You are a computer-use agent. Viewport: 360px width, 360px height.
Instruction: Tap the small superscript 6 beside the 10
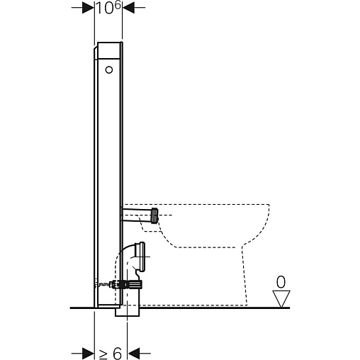[118, 4]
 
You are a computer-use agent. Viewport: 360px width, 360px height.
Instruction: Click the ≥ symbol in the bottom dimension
[103, 353]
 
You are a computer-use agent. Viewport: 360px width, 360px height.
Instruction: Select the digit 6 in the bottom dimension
[117, 353]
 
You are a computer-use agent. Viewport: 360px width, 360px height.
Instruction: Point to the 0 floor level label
[281, 282]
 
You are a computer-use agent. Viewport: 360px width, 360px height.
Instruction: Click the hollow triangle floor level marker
[281, 298]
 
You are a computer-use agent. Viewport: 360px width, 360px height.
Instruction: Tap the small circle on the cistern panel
[109, 70]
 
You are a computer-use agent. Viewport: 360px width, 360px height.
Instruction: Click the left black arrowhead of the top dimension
[89, 8]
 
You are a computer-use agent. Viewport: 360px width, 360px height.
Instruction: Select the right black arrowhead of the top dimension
[128, 8]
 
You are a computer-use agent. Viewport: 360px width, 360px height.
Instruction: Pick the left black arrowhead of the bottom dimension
[89, 354]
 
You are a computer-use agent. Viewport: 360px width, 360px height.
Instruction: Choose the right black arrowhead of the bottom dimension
[133, 354]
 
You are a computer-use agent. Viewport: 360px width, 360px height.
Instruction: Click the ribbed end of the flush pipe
[155, 215]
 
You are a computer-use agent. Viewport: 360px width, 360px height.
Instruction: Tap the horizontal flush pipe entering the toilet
[137, 215]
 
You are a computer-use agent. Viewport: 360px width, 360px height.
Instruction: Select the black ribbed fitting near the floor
[132, 284]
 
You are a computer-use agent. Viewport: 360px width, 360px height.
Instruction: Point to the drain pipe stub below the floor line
[128, 312]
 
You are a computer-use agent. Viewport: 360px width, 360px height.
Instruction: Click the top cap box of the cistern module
[108, 50]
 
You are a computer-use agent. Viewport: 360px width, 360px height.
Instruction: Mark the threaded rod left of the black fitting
[103, 285]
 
